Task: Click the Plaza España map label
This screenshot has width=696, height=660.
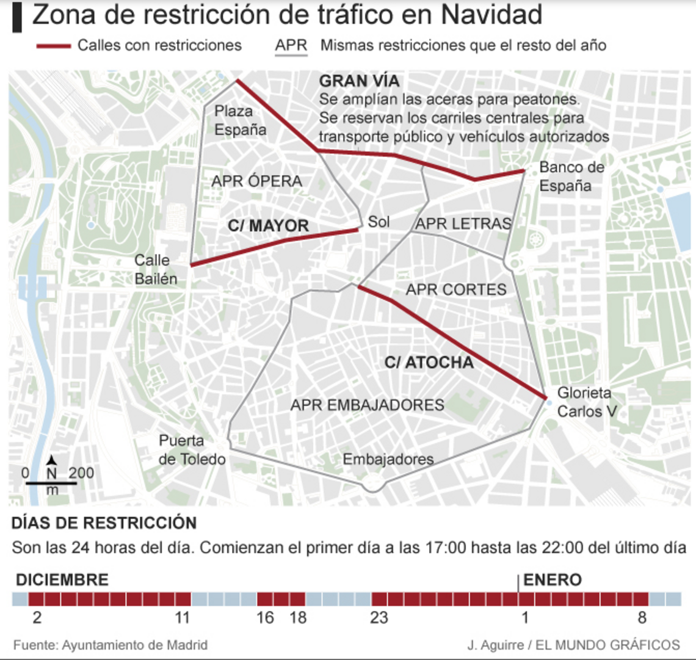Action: tap(240, 120)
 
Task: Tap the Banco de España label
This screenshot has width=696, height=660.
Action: tap(571, 176)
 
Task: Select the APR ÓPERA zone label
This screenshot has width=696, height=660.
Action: tap(256, 181)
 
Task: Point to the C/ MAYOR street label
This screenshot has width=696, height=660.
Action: tap(268, 226)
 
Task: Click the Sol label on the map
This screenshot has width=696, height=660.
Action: tap(379, 222)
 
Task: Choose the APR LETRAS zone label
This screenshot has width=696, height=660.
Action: tap(462, 224)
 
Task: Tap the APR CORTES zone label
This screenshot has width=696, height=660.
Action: tap(456, 289)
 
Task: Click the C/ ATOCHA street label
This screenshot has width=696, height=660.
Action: tap(429, 363)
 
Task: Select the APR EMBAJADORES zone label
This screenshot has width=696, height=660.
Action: tap(367, 405)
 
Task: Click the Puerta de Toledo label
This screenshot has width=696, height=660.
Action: tap(192, 450)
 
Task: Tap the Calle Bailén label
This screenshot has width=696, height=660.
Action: tap(156, 269)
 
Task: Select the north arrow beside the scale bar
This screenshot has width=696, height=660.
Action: tap(53, 461)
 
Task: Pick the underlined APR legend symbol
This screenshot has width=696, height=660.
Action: tap(291, 46)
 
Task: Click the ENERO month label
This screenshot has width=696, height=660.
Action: tap(552, 579)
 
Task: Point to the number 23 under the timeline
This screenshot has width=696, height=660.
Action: tap(379, 618)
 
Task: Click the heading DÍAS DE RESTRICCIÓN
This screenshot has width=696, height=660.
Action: tap(104, 523)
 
